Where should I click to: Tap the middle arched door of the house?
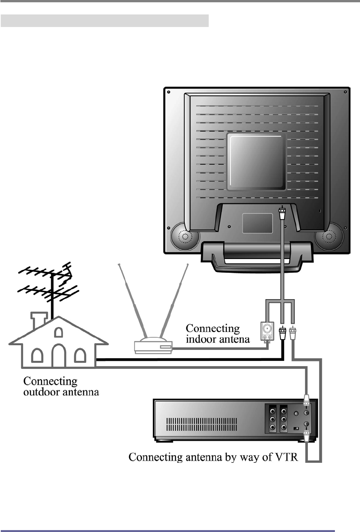(58, 354)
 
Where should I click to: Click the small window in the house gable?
(58, 332)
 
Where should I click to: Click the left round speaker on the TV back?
(185, 237)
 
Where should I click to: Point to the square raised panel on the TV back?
(256, 161)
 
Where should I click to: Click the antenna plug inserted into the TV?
(282, 214)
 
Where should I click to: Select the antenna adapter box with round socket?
(267, 331)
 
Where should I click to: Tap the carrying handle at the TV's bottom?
(257, 257)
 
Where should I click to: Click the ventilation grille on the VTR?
(201, 424)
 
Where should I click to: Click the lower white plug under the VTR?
(306, 438)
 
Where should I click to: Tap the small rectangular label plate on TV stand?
(257, 223)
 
